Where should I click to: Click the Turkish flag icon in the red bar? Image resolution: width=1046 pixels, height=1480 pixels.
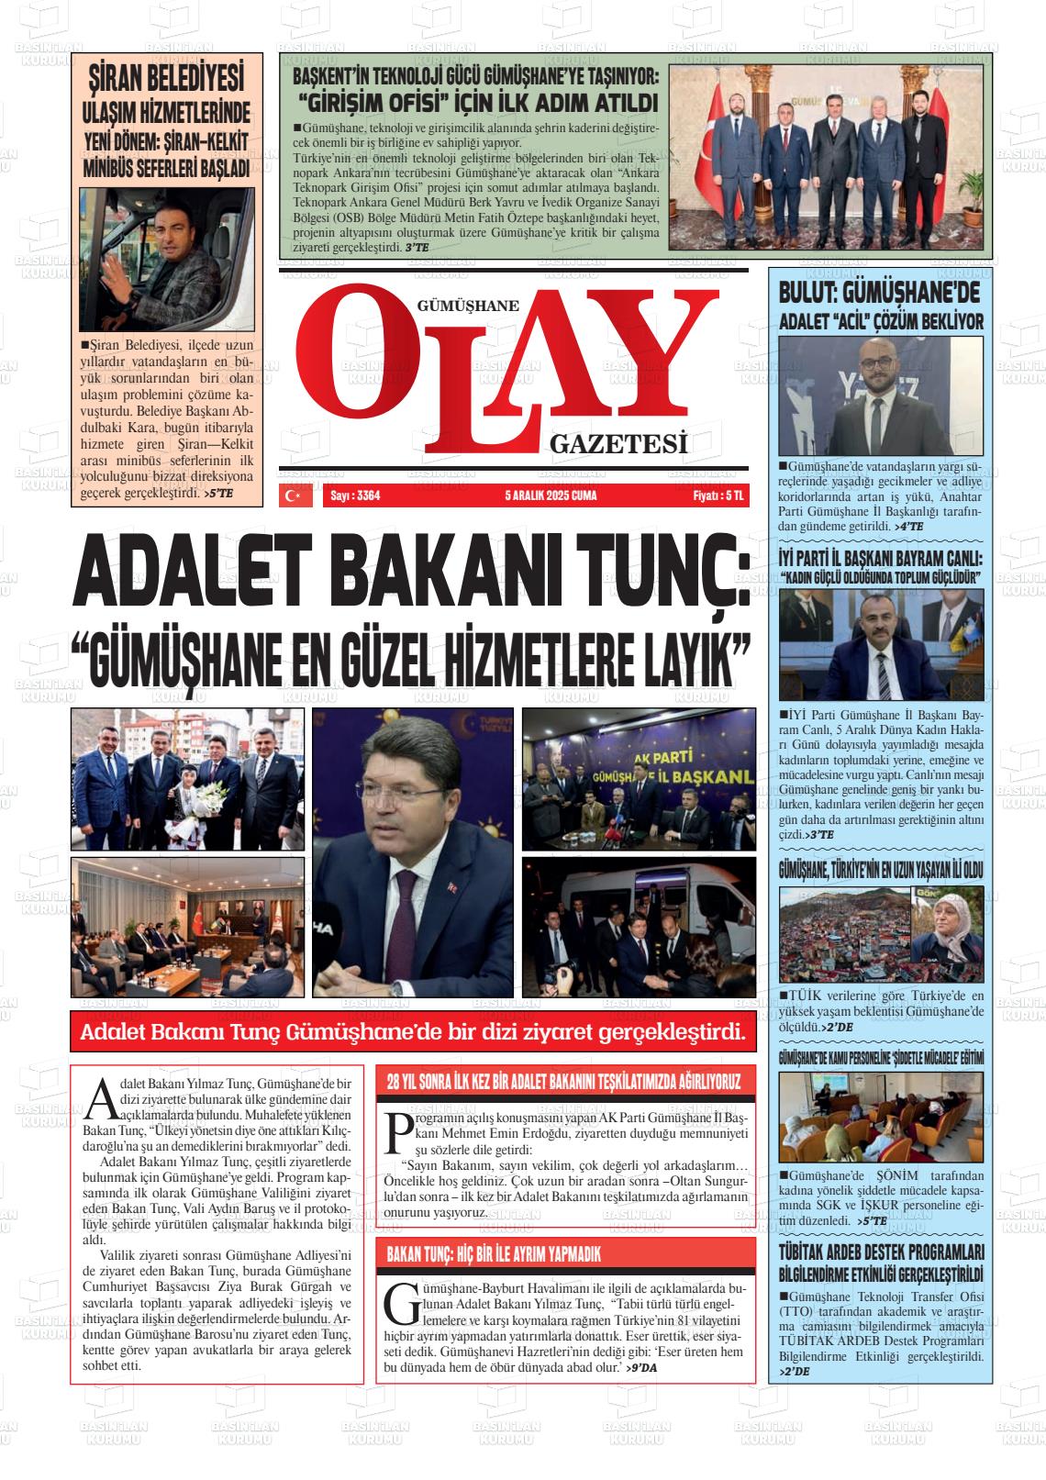click(294, 495)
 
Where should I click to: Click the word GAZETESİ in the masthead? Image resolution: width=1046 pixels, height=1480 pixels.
click(618, 446)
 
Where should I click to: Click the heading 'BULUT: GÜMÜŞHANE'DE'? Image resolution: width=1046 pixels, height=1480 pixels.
click(879, 294)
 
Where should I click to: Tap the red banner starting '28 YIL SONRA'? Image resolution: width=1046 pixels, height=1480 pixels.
click(564, 1081)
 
